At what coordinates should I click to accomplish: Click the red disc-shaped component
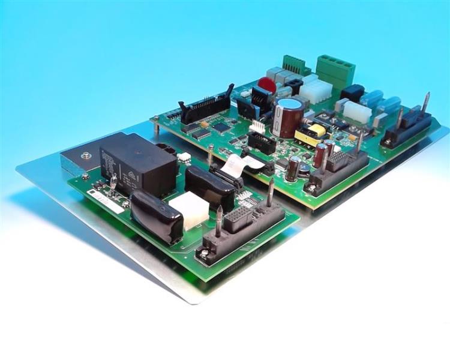pos(266,85)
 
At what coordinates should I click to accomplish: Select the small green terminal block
pos(293,63)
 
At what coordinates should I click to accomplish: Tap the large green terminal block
pos(335,67)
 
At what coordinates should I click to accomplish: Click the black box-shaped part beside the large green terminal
pos(352,93)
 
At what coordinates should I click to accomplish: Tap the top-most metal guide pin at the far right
pos(426,103)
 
